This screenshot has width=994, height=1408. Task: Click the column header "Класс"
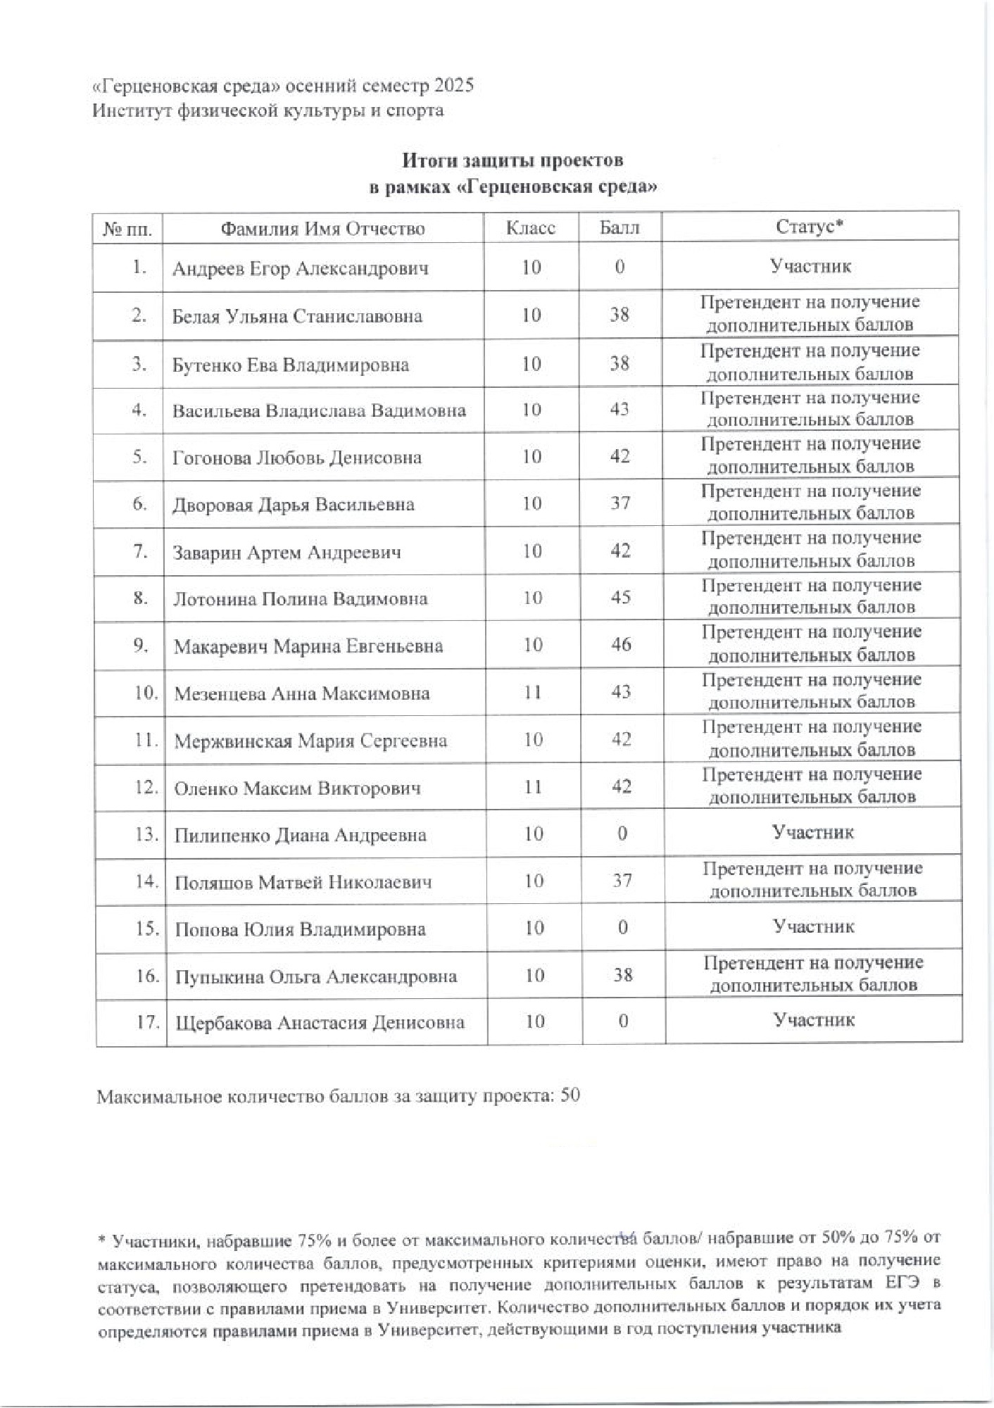pyautogui.click(x=531, y=229)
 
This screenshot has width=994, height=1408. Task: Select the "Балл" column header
pyautogui.click(x=619, y=228)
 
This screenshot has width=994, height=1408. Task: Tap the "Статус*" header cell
pyautogui.click(x=810, y=227)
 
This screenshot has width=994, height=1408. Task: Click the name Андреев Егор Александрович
pyautogui.click(x=301, y=269)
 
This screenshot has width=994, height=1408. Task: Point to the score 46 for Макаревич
pyautogui.click(x=621, y=644)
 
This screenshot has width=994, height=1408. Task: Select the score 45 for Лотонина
pyautogui.click(x=620, y=597)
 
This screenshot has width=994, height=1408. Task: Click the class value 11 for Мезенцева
pyautogui.click(x=533, y=692)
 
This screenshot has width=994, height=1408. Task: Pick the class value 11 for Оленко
pyautogui.click(x=534, y=786)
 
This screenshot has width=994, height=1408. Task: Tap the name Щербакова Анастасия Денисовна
pyautogui.click(x=320, y=1023)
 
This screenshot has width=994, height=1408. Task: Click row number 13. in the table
pyautogui.click(x=146, y=835)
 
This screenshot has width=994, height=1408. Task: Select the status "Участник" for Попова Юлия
pyautogui.click(x=813, y=926)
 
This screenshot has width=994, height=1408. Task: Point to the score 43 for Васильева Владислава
pyautogui.click(x=619, y=409)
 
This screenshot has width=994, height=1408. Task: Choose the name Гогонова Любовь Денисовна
pyautogui.click(x=297, y=458)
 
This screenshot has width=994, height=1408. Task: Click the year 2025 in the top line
pyautogui.click(x=454, y=86)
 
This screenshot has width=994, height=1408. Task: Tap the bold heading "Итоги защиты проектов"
pyautogui.click(x=512, y=161)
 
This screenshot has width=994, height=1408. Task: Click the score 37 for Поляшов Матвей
pyautogui.click(x=622, y=880)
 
